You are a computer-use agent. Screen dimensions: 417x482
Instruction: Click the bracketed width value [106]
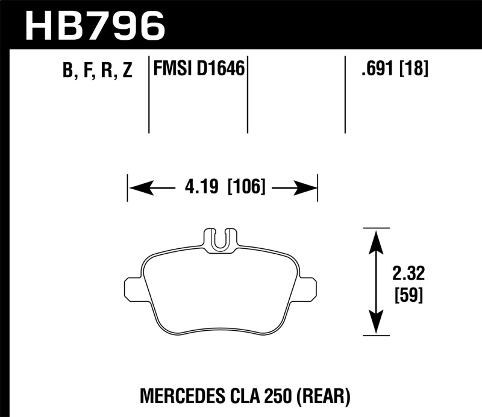click(x=246, y=188)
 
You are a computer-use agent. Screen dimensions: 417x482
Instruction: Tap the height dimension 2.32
click(x=407, y=274)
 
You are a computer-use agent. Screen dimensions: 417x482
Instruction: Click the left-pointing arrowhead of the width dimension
click(x=137, y=189)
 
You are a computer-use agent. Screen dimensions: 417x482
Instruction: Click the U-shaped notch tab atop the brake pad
click(x=221, y=239)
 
